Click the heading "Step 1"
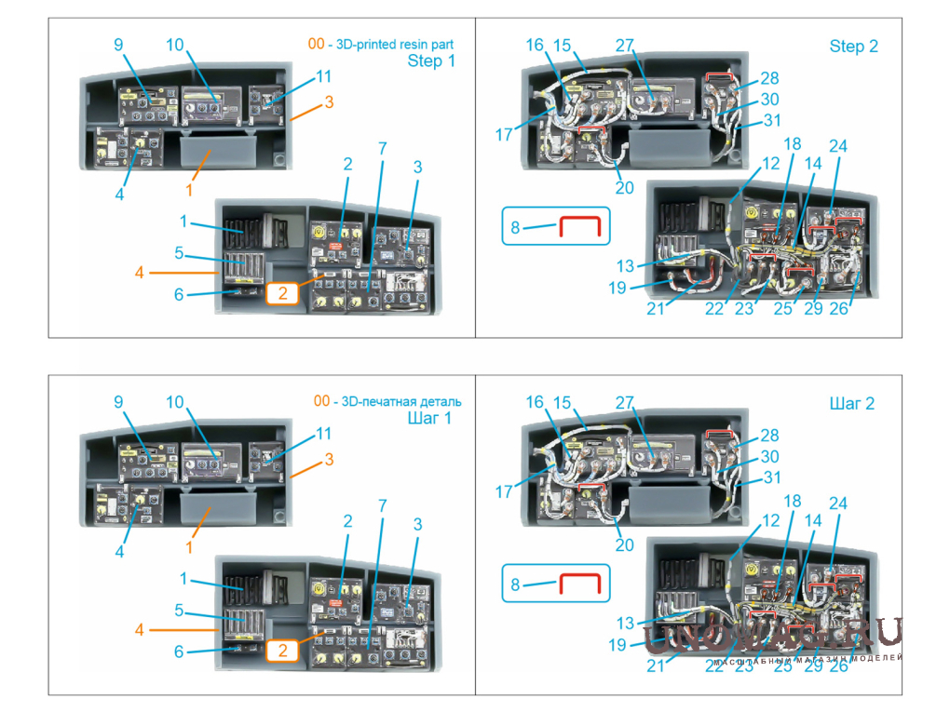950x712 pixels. (x=431, y=61)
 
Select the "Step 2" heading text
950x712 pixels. (x=853, y=46)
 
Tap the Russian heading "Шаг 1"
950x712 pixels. (x=429, y=418)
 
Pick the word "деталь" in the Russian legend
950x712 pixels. (x=439, y=402)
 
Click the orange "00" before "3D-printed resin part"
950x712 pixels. (x=317, y=44)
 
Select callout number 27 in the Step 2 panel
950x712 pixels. (x=624, y=45)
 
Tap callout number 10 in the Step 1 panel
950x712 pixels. (x=174, y=45)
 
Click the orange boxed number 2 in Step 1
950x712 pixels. (x=285, y=293)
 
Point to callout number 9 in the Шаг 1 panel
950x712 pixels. (x=118, y=402)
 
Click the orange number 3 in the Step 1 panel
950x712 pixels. (x=328, y=103)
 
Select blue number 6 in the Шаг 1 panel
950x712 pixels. (x=179, y=652)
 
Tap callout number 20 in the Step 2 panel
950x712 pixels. (x=624, y=187)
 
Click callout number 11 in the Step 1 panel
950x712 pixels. (x=323, y=75)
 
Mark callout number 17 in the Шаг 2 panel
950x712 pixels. (x=504, y=490)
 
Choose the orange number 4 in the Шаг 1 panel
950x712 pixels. (x=139, y=629)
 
